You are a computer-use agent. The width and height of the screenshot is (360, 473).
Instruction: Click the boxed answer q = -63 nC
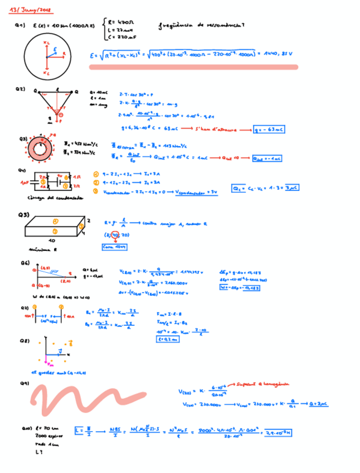tap(269, 129)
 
